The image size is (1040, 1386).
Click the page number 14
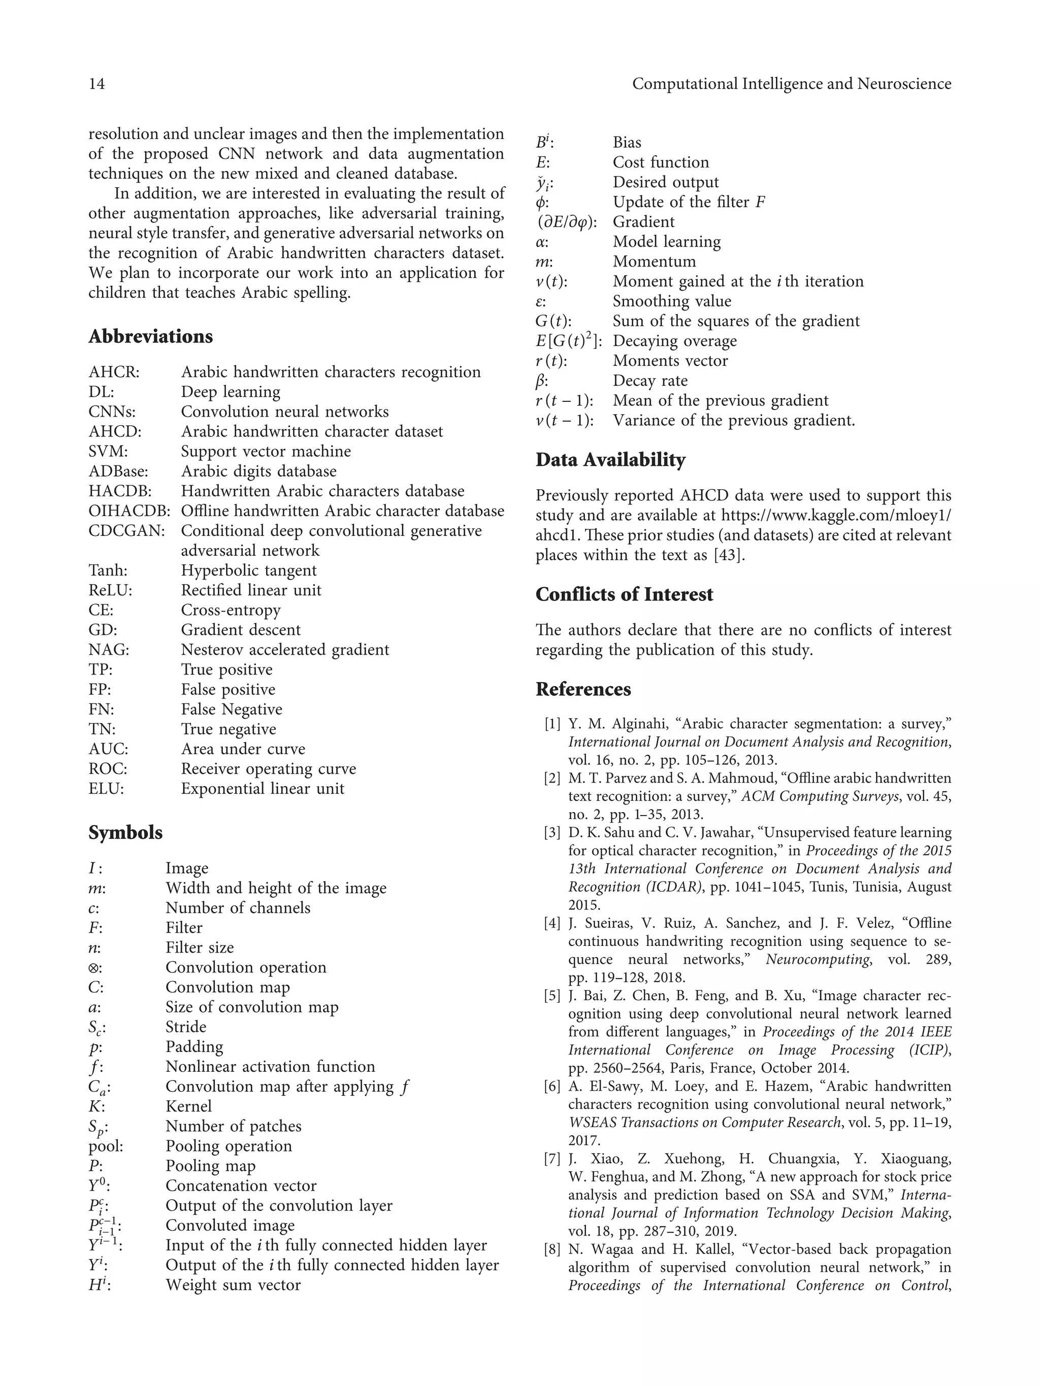(96, 84)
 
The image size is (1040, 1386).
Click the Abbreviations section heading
(150, 336)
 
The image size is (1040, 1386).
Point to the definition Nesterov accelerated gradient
(284, 650)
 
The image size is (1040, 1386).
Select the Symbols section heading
(125, 833)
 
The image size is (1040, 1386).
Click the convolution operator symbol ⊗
(94, 967)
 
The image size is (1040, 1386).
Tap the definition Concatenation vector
(241, 1186)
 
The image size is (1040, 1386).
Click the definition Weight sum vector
(233, 1285)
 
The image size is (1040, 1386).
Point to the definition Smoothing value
(671, 301)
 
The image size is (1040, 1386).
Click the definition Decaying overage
(674, 341)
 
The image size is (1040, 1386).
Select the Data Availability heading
(610, 460)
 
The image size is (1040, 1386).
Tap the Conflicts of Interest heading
(624, 595)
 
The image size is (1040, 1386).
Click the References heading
(583, 689)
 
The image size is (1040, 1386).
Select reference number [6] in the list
(552, 1087)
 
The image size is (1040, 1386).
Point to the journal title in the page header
(791, 84)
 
